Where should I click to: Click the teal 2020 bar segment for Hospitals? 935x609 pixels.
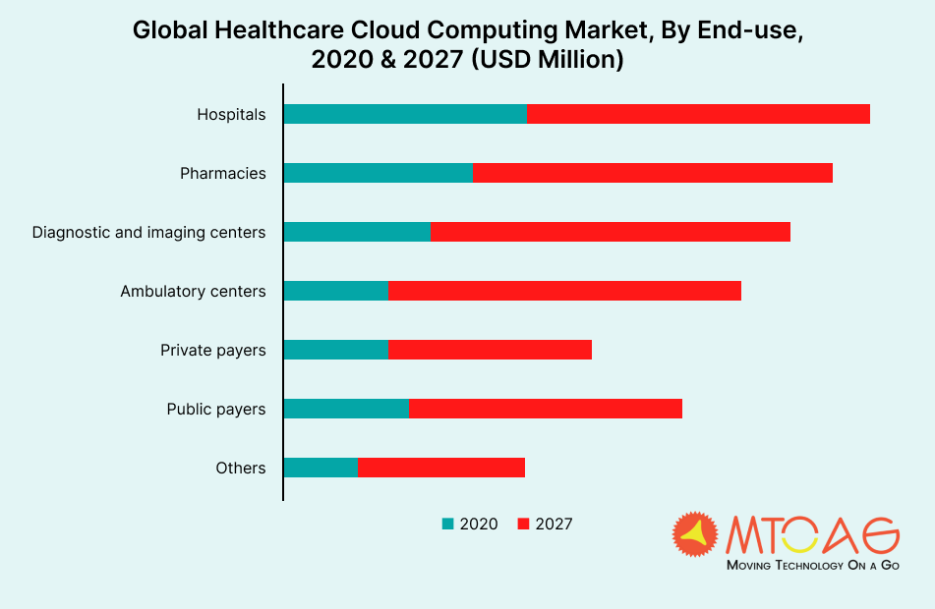(x=405, y=114)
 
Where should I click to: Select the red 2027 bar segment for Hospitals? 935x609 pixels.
(x=698, y=114)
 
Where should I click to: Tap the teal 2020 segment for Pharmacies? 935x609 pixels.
(x=379, y=173)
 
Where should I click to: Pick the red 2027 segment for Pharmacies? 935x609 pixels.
(x=653, y=173)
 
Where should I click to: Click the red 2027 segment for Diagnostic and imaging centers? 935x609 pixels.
(x=611, y=232)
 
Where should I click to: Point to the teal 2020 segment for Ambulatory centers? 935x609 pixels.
(x=336, y=291)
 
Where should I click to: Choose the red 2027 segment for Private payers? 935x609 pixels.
(x=491, y=350)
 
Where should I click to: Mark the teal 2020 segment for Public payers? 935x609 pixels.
(x=346, y=409)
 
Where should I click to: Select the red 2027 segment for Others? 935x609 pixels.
(x=441, y=468)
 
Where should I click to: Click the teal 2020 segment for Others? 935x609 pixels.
(x=321, y=468)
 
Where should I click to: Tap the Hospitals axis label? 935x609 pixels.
(x=231, y=115)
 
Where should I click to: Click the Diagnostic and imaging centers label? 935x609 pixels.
(x=148, y=233)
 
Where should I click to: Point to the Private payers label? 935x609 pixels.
(x=213, y=351)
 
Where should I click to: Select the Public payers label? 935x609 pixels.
(x=216, y=410)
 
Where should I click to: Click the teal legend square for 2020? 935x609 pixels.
(x=448, y=525)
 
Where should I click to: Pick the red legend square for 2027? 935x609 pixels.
(x=523, y=525)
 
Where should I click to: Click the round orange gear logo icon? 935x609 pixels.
(x=696, y=534)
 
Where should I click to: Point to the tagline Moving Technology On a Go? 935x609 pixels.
(x=812, y=566)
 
